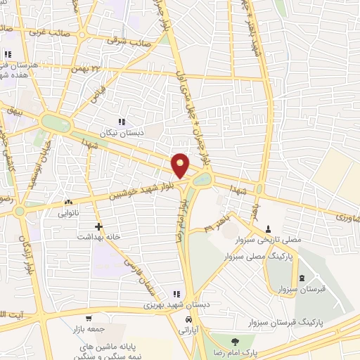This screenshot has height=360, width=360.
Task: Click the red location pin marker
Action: tap(180, 165)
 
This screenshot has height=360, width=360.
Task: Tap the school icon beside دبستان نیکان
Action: tap(122, 121)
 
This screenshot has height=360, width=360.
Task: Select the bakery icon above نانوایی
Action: tap(68, 202)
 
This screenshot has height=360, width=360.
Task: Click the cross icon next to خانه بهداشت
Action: tap(98, 226)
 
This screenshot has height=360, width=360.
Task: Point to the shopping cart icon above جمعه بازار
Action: tap(88, 318)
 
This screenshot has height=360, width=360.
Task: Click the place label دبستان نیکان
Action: tap(140, 132)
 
